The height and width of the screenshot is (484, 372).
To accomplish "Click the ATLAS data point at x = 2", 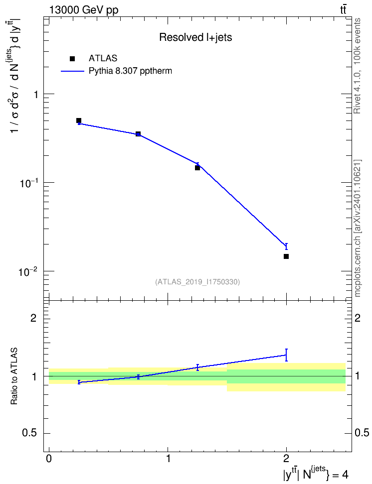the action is [286, 256].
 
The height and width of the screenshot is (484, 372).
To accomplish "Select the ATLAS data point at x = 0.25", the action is [79, 121].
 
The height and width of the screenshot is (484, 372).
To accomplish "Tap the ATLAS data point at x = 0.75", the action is [138, 134].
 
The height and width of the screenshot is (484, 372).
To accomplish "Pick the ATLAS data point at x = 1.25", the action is [197, 168].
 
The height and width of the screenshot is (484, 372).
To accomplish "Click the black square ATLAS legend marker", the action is [72, 59].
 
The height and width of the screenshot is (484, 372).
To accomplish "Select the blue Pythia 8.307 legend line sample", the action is [73, 71].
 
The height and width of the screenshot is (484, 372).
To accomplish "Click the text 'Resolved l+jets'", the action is [195, 37].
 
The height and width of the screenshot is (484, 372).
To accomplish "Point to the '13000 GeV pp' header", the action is [83, 10].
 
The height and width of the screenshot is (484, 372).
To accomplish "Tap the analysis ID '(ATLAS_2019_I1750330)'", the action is [197, 281].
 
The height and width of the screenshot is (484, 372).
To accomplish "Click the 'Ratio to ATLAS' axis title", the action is [14, 376].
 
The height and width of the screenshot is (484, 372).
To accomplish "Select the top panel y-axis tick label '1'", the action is [36, 94].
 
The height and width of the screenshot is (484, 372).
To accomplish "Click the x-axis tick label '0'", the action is [49, 458].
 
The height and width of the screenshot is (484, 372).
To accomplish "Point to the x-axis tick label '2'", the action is [286, 458].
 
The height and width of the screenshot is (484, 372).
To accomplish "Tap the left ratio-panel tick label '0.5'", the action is [30, 433].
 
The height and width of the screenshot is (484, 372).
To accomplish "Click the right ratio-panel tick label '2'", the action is [358, 318].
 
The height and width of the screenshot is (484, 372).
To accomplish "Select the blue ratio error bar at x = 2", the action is [286, 355].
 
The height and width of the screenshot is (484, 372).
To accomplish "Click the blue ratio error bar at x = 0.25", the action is [79, 382].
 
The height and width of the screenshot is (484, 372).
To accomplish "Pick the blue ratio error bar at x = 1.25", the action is [197, 367].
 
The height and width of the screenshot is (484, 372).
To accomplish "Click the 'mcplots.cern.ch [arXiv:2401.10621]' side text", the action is [358, 228].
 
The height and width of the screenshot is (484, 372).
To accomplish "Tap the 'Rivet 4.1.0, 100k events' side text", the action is [357, 66].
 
